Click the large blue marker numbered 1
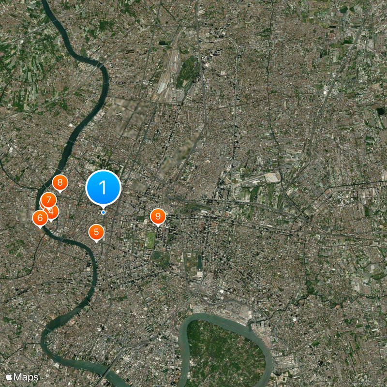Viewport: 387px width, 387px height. click(x=103, y=187)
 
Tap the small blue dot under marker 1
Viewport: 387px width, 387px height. click(x=103, y=212)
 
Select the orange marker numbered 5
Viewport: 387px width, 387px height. click(x=96, y=232)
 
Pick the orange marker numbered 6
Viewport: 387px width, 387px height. click(x=40, y=218)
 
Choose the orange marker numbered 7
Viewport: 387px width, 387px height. click(x=48, y=200)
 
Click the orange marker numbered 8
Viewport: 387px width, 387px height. click(x=60, y=182)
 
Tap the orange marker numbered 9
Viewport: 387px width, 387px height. click(x=158, y=216)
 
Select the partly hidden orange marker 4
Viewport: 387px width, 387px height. click(x=53, y=212)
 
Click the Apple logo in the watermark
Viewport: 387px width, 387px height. click(x=9, y=376)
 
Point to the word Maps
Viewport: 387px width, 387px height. click(x=27, y=376)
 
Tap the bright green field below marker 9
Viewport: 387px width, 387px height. click(x=151, y=240)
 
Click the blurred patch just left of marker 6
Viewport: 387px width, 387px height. click(x=23, y=215)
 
